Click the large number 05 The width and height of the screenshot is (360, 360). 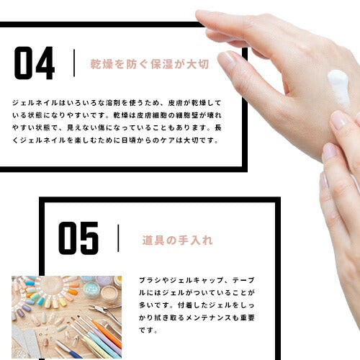point(78,238)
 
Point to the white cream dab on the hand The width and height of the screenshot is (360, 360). point(338,83)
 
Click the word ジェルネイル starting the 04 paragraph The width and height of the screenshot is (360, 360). point(36,103)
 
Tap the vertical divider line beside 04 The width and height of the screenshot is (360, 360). point(74,63)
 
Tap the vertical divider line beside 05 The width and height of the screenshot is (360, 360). point(118,238)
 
